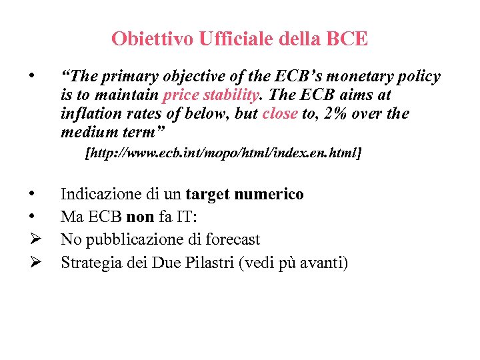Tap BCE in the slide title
347,39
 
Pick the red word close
280,114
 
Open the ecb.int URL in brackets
223,154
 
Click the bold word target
210,195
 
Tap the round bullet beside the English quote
31,77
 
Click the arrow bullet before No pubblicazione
33,239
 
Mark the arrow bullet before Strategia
33,262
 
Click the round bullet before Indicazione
31,195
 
